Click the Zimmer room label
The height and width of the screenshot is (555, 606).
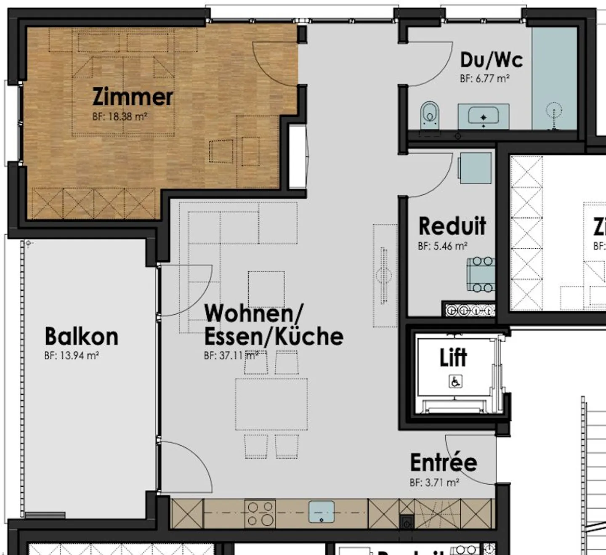(x=132, y=97)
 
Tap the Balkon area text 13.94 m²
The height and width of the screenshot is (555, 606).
(x=72, y=356)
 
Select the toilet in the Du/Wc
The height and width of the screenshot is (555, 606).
(x=429, y=114)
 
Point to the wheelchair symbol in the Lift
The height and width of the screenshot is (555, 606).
(x=455, y=382)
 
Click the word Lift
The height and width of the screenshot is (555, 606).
(x=453, y=358)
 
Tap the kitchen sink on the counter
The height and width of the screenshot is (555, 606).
(x=322, y=512)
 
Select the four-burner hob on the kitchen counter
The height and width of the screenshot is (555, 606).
(x=260, y=513)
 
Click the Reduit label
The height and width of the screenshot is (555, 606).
(x=452, y=226)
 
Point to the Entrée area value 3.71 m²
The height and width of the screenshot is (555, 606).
(x=434, y=483)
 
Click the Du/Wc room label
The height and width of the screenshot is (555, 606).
(x=491, y=60)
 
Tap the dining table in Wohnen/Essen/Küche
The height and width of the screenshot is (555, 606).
(x=271, y=404)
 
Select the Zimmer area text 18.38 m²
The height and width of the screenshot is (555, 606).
(x=120, y=117)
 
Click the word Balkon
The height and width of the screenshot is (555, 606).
(x=81, y=337)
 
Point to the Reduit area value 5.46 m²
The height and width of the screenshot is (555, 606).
(x=443, y=246)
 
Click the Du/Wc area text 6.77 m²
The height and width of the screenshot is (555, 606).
(x=485, y=79)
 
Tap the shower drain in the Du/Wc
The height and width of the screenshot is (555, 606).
(x=554, y=112)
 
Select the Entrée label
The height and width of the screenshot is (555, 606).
(x=444, y=463)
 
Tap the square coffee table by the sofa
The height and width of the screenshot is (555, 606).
(x=266, y=289)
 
